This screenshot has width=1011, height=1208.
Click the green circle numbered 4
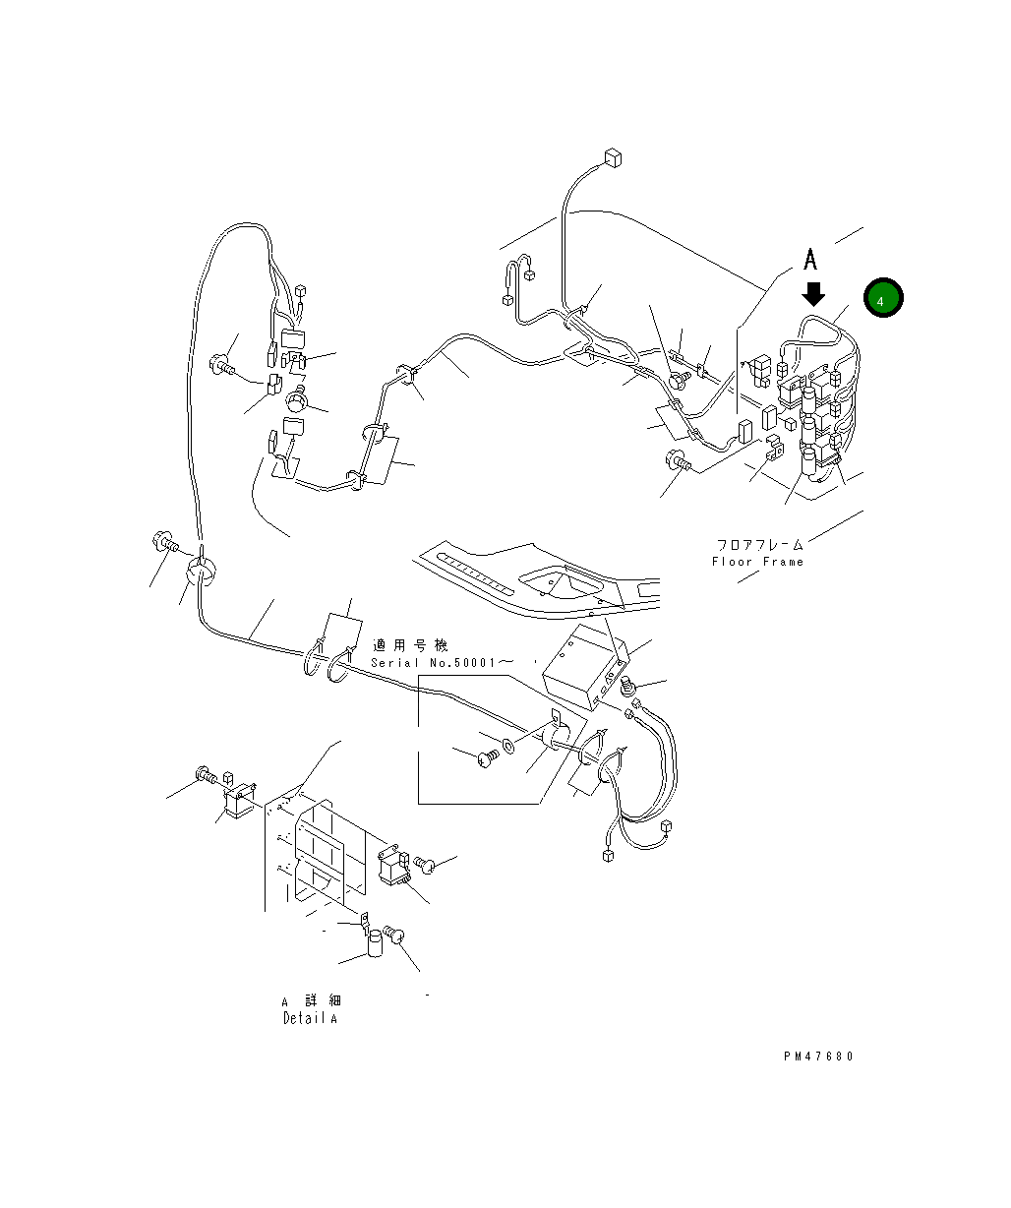point(883,298)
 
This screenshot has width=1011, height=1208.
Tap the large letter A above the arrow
point(811,260)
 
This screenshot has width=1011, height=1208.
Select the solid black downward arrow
point(813,293)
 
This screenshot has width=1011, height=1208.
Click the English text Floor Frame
point(757,562)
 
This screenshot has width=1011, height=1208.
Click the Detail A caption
point(310,1019)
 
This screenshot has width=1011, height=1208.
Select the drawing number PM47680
point(818,1057)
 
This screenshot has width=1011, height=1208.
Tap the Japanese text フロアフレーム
point(759,544)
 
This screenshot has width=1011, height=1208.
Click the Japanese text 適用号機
point(410,646)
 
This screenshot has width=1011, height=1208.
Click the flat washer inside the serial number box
point(507,745)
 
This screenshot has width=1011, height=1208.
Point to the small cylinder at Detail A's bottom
point(377,945)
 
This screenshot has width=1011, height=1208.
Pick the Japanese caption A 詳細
point(311,1000)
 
